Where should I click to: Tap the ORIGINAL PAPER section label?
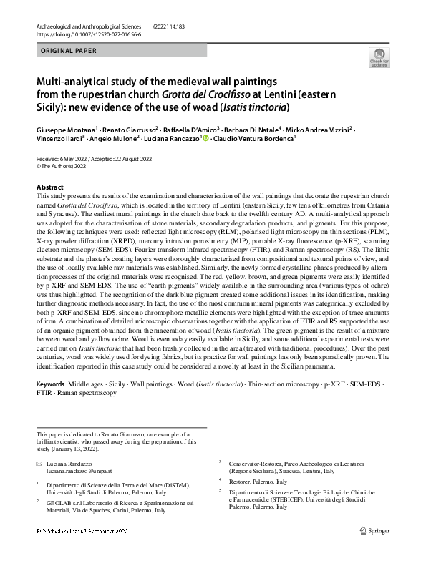65,51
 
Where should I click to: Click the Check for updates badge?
379,59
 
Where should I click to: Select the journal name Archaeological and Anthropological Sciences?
84,26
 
